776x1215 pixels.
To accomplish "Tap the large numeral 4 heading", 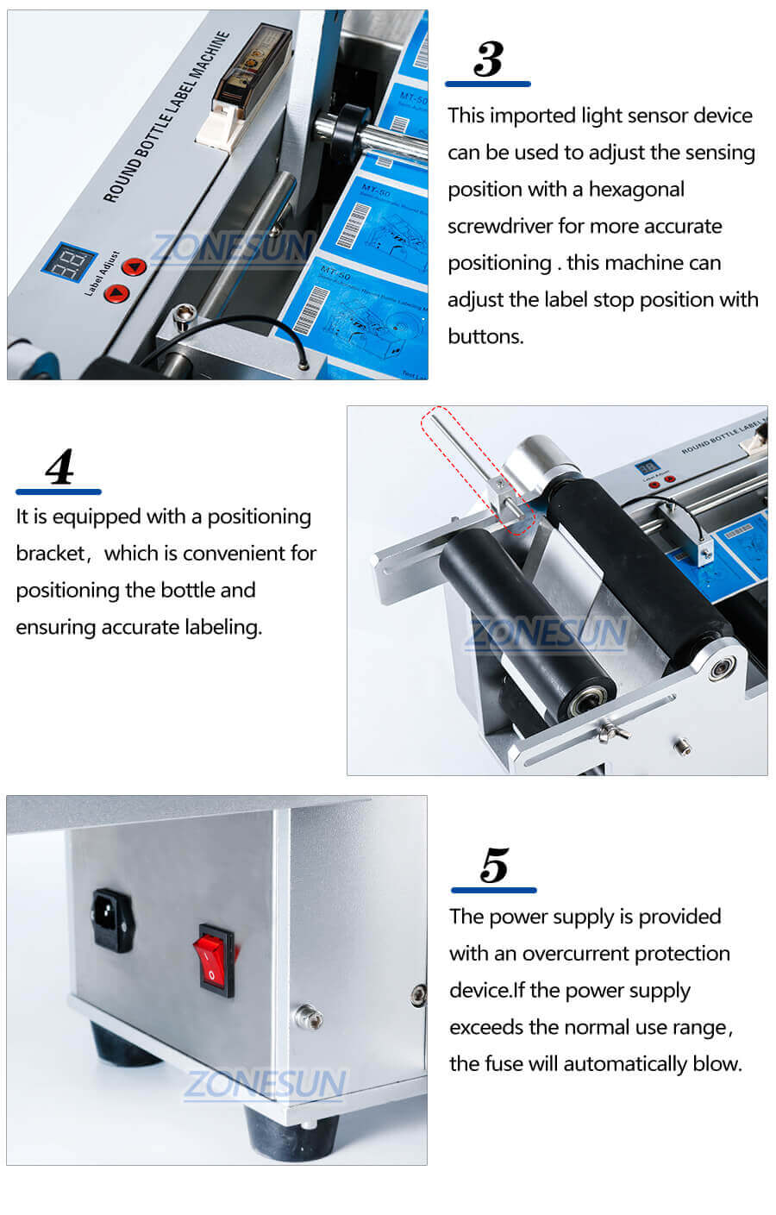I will tap(59, 467).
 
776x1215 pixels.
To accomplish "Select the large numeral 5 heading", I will tap(494, 865).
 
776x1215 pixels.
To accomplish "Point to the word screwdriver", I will tap(499, 227).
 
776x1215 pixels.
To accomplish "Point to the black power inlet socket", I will tap(113, 920).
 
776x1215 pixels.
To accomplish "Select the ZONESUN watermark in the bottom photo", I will tap(265, 1084).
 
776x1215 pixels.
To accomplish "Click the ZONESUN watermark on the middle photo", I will tap(548, 634).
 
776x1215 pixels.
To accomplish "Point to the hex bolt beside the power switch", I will tap(307, 1016).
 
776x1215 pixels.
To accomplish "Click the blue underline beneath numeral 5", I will tap(493, 890).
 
